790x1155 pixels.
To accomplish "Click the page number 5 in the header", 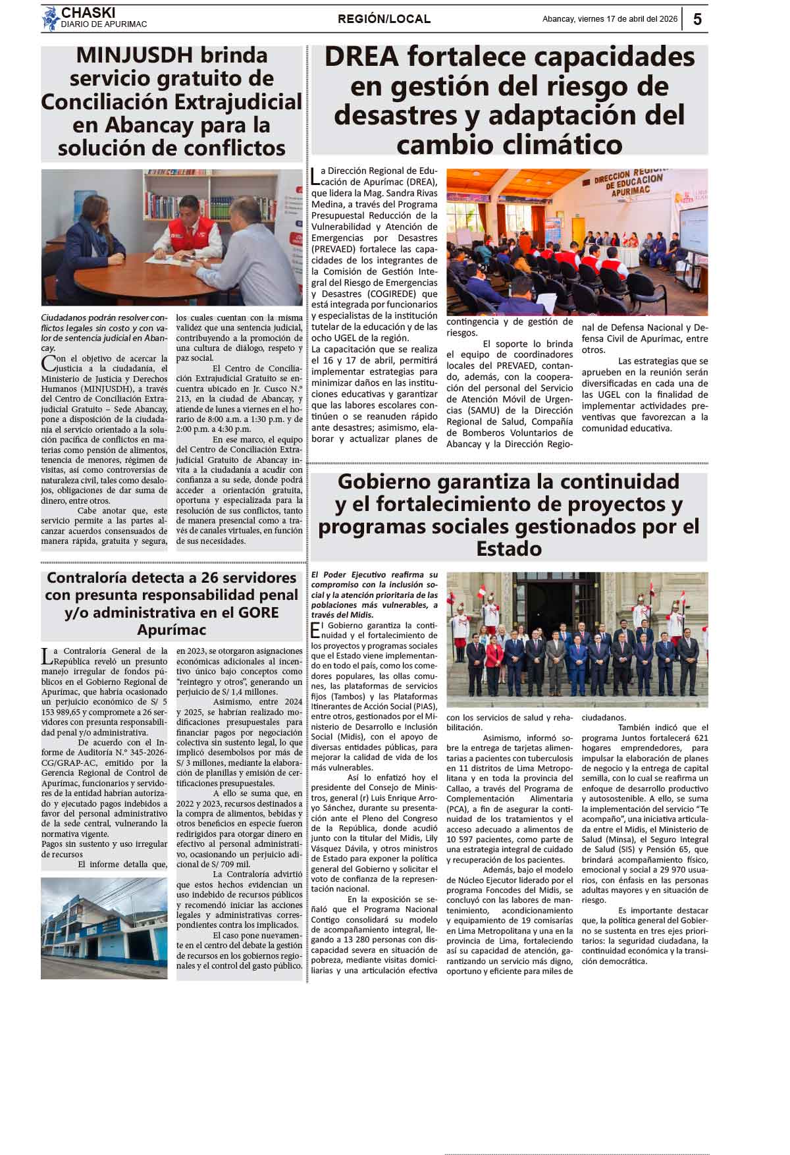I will tap(697, 19).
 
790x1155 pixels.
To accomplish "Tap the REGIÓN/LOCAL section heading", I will tap(384, 19).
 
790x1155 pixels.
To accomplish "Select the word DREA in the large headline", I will tap(361, 57).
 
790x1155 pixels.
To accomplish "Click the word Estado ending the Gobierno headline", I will tap(509, 549).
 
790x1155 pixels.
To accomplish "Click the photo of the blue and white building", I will tap(104, 928).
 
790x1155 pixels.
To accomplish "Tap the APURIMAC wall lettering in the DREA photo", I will tap(630, 191).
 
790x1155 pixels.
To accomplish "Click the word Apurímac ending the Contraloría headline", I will tap(171, 630).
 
